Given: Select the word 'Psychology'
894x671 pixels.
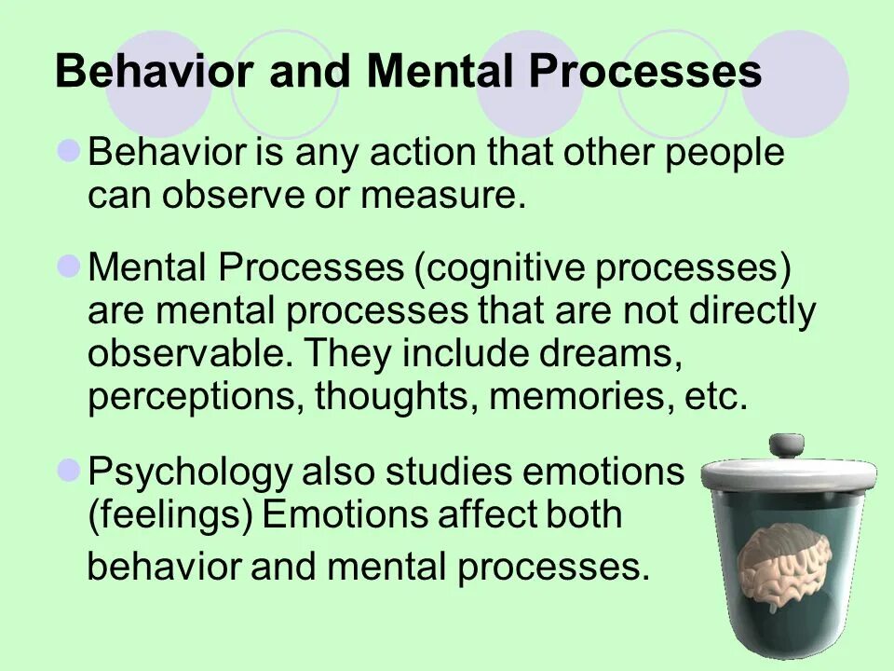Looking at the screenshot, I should click(x=189, y=472).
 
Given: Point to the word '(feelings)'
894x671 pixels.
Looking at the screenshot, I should click(x=170, y=514).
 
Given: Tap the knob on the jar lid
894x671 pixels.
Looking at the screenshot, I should click(x=786, y=445).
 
